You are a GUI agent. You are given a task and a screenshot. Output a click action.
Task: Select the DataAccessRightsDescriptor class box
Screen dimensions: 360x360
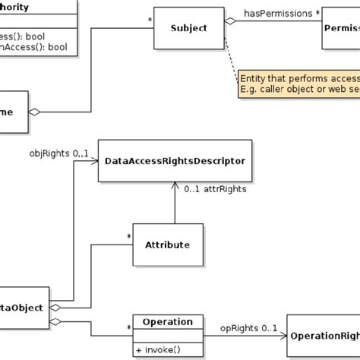point(174,161)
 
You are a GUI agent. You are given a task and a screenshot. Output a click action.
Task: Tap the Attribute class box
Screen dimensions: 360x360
point(167,245)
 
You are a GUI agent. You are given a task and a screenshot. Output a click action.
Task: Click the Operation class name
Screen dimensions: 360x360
point(168,321)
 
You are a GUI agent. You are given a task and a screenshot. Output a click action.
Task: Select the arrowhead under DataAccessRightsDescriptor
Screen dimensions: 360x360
point(175,185)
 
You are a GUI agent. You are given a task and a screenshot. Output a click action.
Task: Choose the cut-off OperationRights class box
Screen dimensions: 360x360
point(323,335)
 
